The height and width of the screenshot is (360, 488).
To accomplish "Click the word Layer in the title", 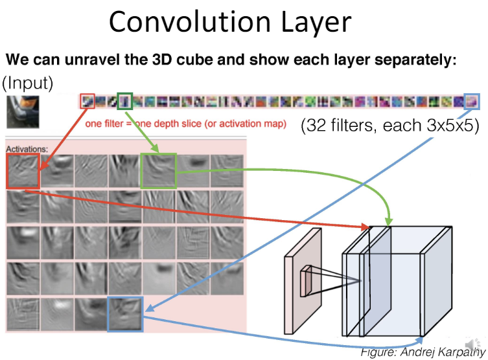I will [x=313, y=23].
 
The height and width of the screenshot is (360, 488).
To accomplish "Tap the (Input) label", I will [x=27, y=84].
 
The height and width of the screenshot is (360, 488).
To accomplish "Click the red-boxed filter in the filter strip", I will [x=87, y=101].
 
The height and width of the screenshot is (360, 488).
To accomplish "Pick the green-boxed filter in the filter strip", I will [x=125, y=101].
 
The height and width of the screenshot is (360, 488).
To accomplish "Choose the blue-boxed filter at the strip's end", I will [x=472, y=101].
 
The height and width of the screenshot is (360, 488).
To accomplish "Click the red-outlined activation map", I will [x=23, y=172].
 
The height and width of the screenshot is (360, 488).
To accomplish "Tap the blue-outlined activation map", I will [x=125, y=314].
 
